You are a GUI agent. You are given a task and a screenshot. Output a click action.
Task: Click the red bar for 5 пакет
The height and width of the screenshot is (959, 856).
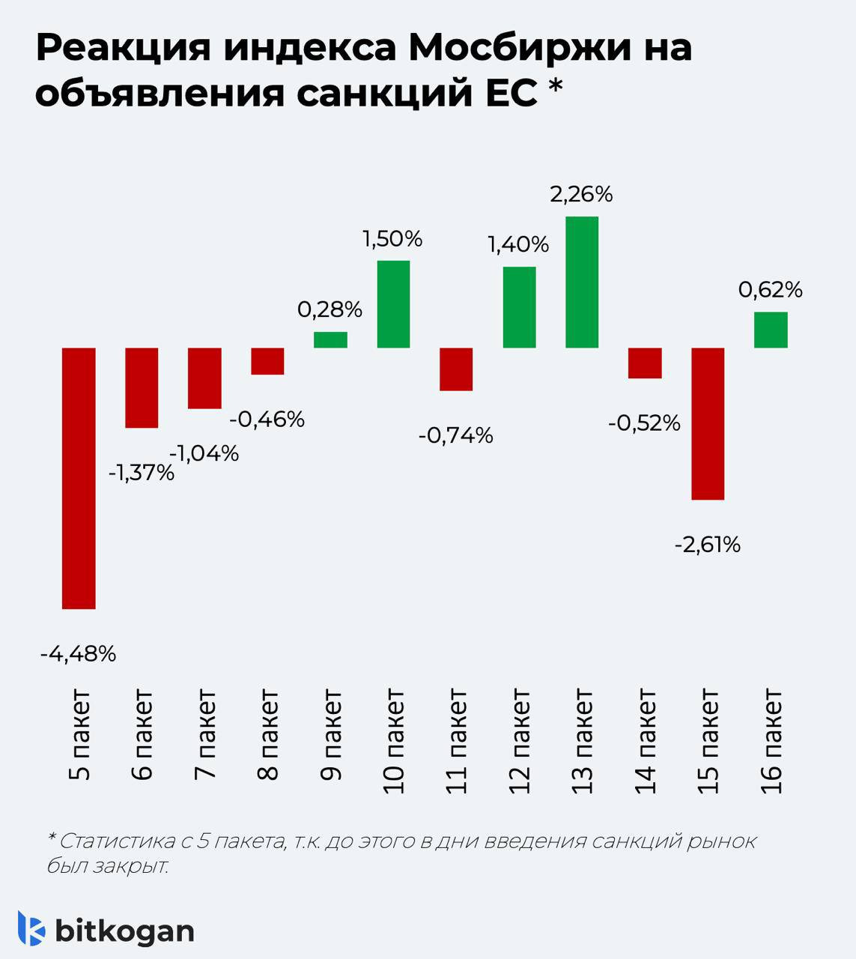79,478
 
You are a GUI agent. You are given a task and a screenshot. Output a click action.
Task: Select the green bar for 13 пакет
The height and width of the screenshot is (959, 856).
582,282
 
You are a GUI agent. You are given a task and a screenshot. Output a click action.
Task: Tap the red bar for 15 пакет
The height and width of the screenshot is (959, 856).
708,423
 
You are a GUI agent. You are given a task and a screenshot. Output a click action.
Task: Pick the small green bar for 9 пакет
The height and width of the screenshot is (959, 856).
330,339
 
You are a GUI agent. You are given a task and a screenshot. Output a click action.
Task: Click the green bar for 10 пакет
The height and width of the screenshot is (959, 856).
393,304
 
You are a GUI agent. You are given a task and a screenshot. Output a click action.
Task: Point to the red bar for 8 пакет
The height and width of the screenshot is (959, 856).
267,361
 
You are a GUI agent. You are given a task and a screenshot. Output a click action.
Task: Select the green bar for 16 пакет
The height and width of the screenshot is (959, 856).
771,330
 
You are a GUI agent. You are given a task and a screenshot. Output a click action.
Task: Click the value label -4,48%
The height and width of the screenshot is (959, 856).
79,654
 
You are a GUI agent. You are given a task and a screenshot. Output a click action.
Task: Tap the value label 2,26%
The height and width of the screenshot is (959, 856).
581,195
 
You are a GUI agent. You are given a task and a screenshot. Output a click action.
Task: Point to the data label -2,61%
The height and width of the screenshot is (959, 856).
708,545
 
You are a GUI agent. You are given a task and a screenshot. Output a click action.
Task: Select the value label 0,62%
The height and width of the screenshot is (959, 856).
771,290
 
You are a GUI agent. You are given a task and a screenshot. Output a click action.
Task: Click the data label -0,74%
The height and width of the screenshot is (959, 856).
456,435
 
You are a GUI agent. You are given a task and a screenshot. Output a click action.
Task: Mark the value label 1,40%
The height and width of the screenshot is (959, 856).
518,244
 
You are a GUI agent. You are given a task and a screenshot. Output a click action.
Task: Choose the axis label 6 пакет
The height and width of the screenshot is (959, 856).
142,734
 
